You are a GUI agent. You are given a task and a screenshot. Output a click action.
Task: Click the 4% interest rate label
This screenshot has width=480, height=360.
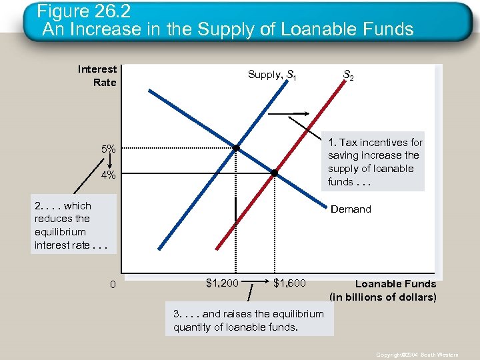109,175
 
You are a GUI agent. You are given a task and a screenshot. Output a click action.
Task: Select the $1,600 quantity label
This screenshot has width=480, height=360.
289,283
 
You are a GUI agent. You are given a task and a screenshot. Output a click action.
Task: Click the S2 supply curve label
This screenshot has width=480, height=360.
348,77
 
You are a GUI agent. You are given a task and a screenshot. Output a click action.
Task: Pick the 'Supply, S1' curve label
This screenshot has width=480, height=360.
272,75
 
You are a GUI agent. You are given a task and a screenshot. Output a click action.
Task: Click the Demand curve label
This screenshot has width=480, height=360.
351,209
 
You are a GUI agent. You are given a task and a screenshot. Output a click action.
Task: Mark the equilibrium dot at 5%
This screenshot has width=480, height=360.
236,147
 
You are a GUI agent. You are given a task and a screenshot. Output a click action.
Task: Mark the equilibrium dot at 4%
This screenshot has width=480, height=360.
275,174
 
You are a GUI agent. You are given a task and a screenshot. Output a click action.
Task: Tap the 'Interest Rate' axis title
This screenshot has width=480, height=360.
98,75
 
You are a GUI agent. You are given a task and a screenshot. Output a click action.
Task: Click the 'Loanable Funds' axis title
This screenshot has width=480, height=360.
395,284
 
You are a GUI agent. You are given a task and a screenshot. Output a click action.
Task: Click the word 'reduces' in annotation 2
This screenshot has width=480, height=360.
53,219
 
